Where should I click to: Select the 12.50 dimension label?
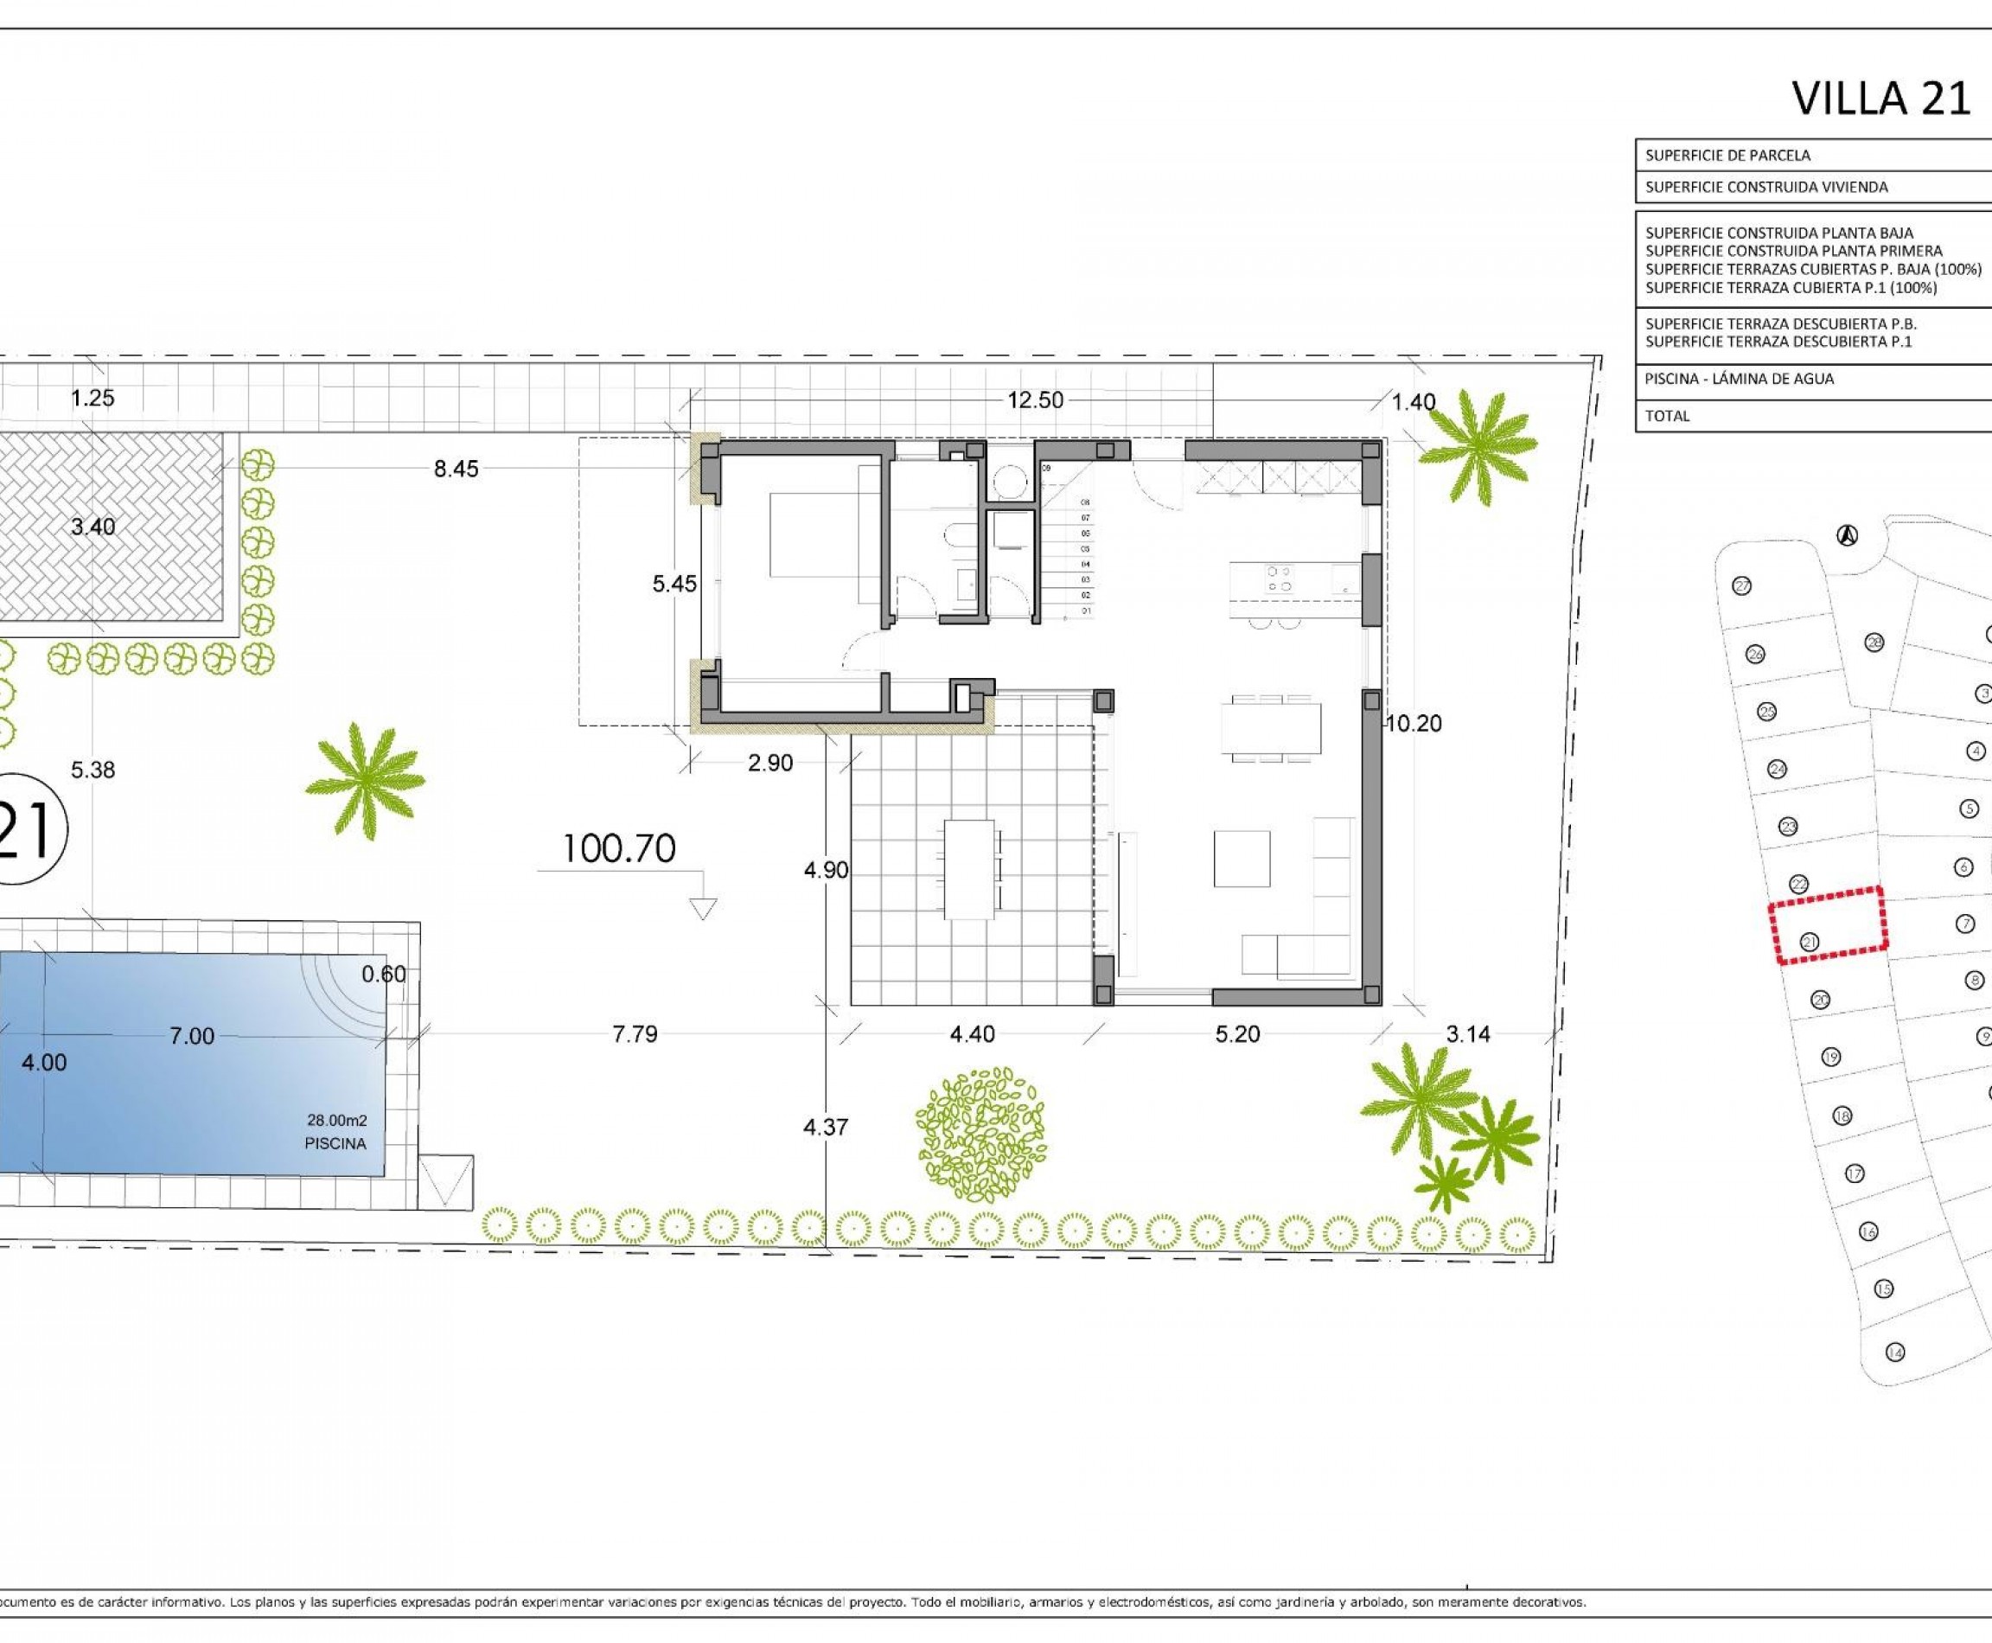1034,400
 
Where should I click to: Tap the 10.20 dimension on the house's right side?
1414,724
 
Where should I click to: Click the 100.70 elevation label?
619,849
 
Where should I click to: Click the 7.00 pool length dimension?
191,1036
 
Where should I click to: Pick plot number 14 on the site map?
1894,1352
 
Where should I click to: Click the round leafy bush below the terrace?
982,1135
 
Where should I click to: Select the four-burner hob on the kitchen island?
1279,579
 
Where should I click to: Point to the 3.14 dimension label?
1468,1034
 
